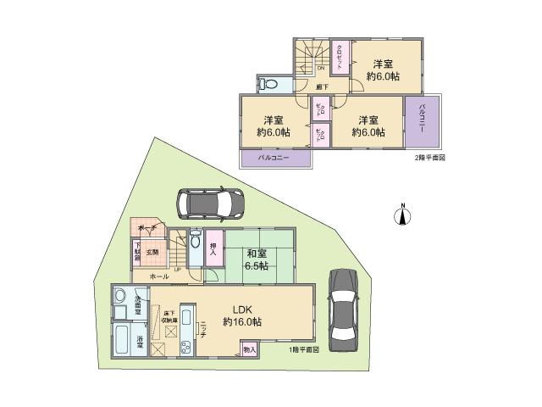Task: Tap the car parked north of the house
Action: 209,203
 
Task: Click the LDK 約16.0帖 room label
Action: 241,315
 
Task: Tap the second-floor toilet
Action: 270,85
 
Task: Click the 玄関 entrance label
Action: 153,251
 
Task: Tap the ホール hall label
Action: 158,276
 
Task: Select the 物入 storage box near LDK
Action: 248,348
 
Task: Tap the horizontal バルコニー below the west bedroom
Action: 275,159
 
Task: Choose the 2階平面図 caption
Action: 430,159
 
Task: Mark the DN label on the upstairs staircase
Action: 320,69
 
